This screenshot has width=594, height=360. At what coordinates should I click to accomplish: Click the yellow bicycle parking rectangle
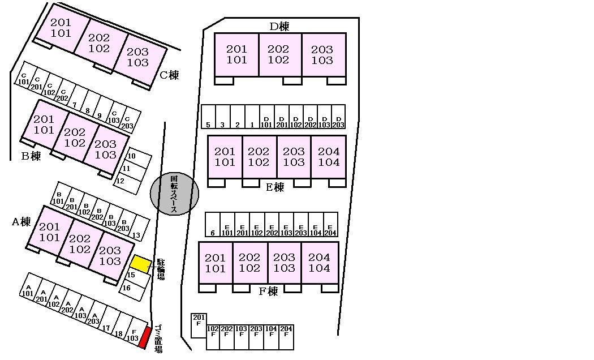pyautogui.click(x=141, y=264)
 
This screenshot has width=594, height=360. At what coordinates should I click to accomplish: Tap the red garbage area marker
pyautogui.click(x=144, y=337)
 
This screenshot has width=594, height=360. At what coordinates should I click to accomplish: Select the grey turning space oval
pyautogui.click(x=174, y=194)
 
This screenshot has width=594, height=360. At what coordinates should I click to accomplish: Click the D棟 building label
pyautogui.click(x=279, y=26)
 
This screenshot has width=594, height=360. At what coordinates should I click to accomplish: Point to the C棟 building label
pyautogui.click(x=169, y=75)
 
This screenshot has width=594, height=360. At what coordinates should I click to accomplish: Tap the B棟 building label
pyautogui.click(x=31, y=156)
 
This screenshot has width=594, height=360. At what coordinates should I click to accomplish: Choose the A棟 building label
pyautogui.click(x=21, y=222)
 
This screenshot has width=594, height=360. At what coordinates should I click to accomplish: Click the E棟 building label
pyautogui.click(x=275, y=187)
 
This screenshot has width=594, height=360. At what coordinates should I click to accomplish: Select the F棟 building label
pyautogui.click(x=268, y=292)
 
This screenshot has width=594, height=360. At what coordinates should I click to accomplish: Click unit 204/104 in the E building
pyautogui.click(x=329, y=157)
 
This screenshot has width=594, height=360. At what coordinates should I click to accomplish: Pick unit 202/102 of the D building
pyautogui.click(x=278, y=54)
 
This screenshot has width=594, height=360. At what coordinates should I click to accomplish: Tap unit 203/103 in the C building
pyautogui.click(x=137, y=57)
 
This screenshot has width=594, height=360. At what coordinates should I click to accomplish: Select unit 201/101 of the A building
pyautogui.click(x=50, y=232)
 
